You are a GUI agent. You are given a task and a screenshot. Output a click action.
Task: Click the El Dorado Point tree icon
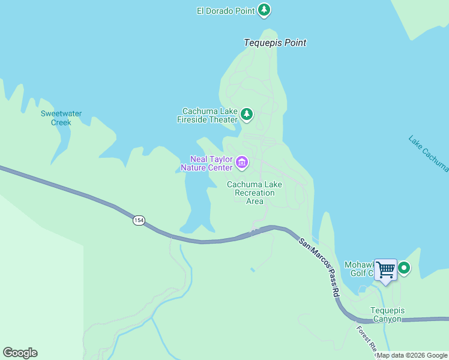(x=264, y=10)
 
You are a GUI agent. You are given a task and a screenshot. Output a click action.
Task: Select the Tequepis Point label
(x=275, y=43)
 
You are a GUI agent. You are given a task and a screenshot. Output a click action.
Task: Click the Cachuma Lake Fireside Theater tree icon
(x=246, y=114)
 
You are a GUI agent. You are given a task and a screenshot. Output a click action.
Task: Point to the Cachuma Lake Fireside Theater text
(x=210, y=115)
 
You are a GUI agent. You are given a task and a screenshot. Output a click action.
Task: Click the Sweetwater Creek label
(x=61, y=118)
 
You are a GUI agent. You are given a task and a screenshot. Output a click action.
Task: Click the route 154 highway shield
(x=139, y=220)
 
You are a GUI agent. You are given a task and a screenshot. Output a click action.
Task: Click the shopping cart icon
(x=385, y=270)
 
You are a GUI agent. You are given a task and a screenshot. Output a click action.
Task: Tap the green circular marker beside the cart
(x=405, y=268)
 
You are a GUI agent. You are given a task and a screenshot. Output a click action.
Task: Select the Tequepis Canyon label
(x=387, y=314)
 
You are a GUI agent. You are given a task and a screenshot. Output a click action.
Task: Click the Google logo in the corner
(x=20, y=353)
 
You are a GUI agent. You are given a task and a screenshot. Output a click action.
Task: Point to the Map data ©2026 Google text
(x=412, y=355)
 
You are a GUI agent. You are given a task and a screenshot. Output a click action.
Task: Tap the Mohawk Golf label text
(x=359, y=269)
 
